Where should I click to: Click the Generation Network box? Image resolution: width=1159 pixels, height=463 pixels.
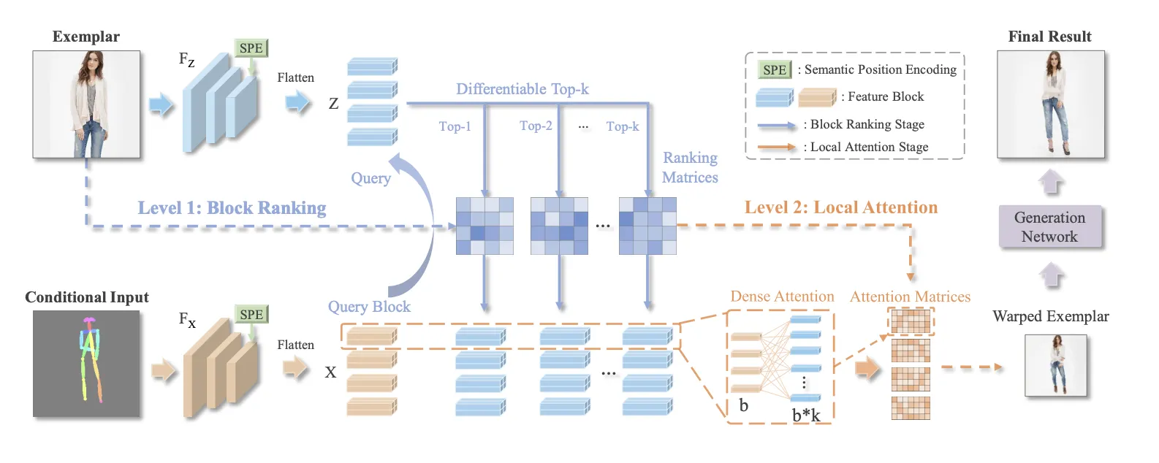1049,227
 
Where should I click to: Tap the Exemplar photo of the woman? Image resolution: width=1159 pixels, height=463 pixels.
86,104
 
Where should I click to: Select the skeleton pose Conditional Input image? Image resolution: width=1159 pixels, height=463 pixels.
86,364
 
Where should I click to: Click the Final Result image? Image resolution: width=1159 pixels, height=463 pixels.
1051,104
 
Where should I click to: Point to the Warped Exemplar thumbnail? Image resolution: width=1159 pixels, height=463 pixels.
1055,365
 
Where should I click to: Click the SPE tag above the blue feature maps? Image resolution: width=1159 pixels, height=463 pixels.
251,48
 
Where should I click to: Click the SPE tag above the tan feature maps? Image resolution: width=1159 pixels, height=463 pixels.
251,315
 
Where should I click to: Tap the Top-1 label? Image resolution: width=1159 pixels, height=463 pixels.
455,127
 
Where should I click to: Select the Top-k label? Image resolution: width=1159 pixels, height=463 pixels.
622,127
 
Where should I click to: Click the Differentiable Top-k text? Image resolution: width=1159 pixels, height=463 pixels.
522,89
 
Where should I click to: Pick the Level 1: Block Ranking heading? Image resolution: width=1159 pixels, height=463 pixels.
232,208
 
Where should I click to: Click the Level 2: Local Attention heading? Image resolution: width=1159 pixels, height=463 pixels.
840,207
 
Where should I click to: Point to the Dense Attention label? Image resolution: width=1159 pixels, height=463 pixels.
782,296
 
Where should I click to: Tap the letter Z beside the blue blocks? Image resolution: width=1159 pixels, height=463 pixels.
333,104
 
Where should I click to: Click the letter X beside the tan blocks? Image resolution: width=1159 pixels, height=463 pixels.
330,372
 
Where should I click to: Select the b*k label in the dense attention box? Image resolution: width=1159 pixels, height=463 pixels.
806,416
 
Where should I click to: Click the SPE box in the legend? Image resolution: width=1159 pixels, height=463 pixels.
775,70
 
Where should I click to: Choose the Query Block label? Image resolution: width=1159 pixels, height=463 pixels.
369,307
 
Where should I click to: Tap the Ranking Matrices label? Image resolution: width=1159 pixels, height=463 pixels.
690,167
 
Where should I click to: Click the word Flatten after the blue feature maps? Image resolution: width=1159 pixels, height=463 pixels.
295,77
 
